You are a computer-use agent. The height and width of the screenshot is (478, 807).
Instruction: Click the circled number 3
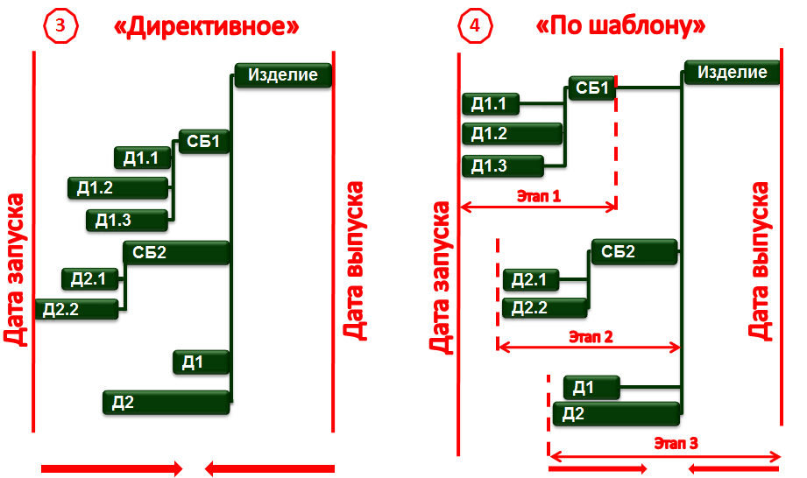click(x=60, y=25)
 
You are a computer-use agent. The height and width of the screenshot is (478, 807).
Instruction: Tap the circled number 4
click(x=475, y=25)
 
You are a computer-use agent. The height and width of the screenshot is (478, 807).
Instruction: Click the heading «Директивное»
click(x=206, y=26)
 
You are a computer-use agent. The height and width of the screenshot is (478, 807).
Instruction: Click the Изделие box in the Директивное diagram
click(x=283, y=75)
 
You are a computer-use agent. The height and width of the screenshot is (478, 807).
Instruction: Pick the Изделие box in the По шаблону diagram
click(x=732, y=73)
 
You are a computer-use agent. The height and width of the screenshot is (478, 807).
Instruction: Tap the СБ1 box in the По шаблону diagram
click(x=592, y=88)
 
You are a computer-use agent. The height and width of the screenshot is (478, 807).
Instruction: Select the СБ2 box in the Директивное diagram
click(x=176, y=253)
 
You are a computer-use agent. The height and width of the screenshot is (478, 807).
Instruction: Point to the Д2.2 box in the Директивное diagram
click(x=76, y=308)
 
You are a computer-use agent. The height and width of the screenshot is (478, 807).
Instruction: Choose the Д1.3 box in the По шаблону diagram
click(x=502, y=165)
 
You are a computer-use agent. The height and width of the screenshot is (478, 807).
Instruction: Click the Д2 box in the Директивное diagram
click(x=166, y=402)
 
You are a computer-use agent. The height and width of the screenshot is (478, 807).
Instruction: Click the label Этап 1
click(x=537, y=196)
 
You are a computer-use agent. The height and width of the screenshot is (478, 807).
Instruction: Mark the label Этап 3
click(x=676, y=443)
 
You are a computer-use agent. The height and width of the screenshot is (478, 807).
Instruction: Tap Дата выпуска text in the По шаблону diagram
click(x=760, y=261)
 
